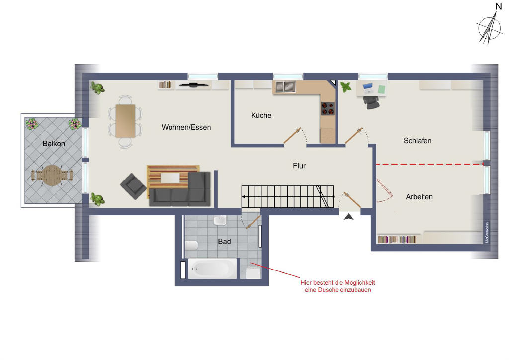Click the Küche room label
pyautogui.click(x=261, y=115)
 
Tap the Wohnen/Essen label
pyautogui.click(x=186, y=127)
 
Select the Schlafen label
pyautogui.click(x=418, y=141)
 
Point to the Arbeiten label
pyautogui.click(x=419, y=197)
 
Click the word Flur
pyautogui.click(x=299, y=166)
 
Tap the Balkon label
pyautogui.click(x=54, y=144)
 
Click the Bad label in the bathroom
pyautogui.click(x=224, y=241)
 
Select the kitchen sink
pyautogui.click(x=285, y=87)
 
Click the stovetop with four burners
pyautogui.click(x=328, y=109)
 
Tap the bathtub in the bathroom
pyautogui.click(x=213, y=269)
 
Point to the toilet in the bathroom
pyautogui.click(x=191, y=246)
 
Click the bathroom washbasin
pyautogui.click(x=220, y=221)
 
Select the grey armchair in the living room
pyautogui.click(x=133, y=186)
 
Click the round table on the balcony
pyautogui.click(x=52, y=176)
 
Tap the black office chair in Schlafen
pyautogui.click(x=371, y=102)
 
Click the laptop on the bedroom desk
pyautogui.click(x=368, y=88)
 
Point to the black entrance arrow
pyautogui.click(x=349, y=216)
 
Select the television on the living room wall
pyautogui.click(x=194, y=85)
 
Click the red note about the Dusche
pyautogui.click(x=338, y=286)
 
